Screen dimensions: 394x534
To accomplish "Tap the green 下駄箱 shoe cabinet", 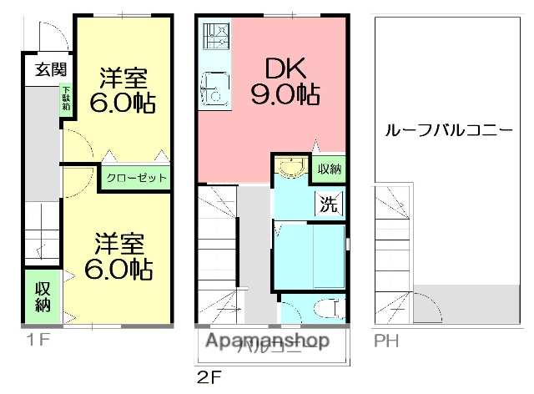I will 65,98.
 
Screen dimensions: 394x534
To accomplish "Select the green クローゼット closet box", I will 136,178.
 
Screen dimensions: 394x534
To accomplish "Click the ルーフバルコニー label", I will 448,131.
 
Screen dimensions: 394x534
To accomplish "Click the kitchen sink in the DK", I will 214,88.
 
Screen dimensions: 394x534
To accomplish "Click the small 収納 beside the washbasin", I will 329,169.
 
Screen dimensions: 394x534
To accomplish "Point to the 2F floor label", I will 209,376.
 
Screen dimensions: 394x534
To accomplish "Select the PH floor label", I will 385,341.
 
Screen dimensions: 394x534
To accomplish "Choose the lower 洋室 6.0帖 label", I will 118,257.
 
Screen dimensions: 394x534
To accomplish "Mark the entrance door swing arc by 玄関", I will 52,38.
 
